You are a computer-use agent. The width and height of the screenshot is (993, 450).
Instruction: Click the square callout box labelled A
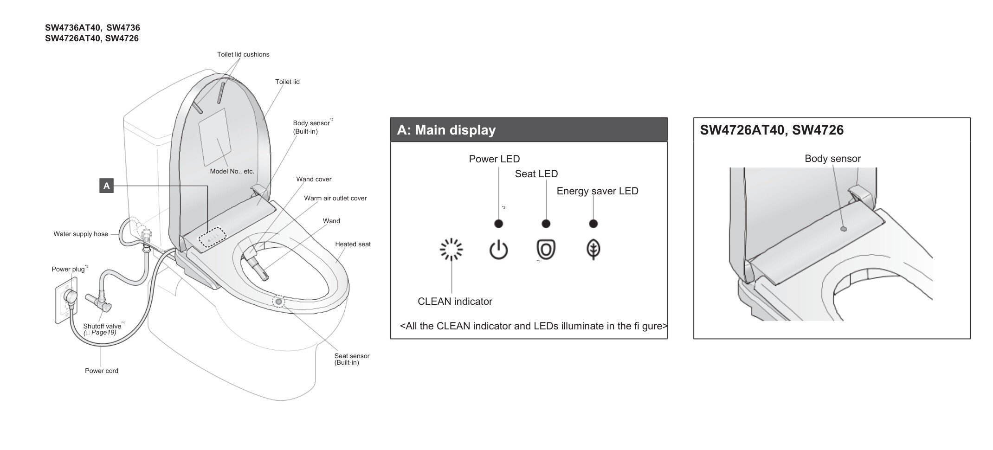pos(106,186)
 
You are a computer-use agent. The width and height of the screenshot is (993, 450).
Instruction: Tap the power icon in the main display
pos(498,250)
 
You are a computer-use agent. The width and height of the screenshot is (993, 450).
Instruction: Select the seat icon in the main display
pos(546,249)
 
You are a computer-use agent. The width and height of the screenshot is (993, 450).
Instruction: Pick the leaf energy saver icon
pos(593,249)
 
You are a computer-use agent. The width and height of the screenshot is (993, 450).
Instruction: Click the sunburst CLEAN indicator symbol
pos(451,250)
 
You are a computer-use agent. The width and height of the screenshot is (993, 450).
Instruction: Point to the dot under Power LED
pos(498,224)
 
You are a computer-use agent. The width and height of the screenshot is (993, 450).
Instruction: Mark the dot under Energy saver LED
pos(593,224)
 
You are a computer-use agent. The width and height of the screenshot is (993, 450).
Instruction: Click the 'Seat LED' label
pos(536,174)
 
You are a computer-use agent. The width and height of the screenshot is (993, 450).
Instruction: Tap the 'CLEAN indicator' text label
pos(455,302)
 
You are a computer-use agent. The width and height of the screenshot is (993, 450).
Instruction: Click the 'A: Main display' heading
pos(446,130)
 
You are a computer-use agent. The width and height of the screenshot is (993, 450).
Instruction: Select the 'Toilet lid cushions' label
pos(243,54)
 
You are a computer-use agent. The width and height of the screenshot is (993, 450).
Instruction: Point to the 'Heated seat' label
pos(353,244)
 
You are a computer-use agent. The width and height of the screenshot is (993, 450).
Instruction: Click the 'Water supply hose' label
pos(81,234)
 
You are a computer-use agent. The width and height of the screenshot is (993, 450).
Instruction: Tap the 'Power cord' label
pos(102,371)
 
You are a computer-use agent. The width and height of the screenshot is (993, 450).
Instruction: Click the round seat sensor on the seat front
pos(278,302)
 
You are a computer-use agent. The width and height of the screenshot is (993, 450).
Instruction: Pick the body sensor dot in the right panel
pos(843,229)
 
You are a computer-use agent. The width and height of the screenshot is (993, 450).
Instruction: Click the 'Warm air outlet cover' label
pos(335,198)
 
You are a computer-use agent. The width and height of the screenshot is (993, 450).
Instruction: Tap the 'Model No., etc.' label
pos(232,171)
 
